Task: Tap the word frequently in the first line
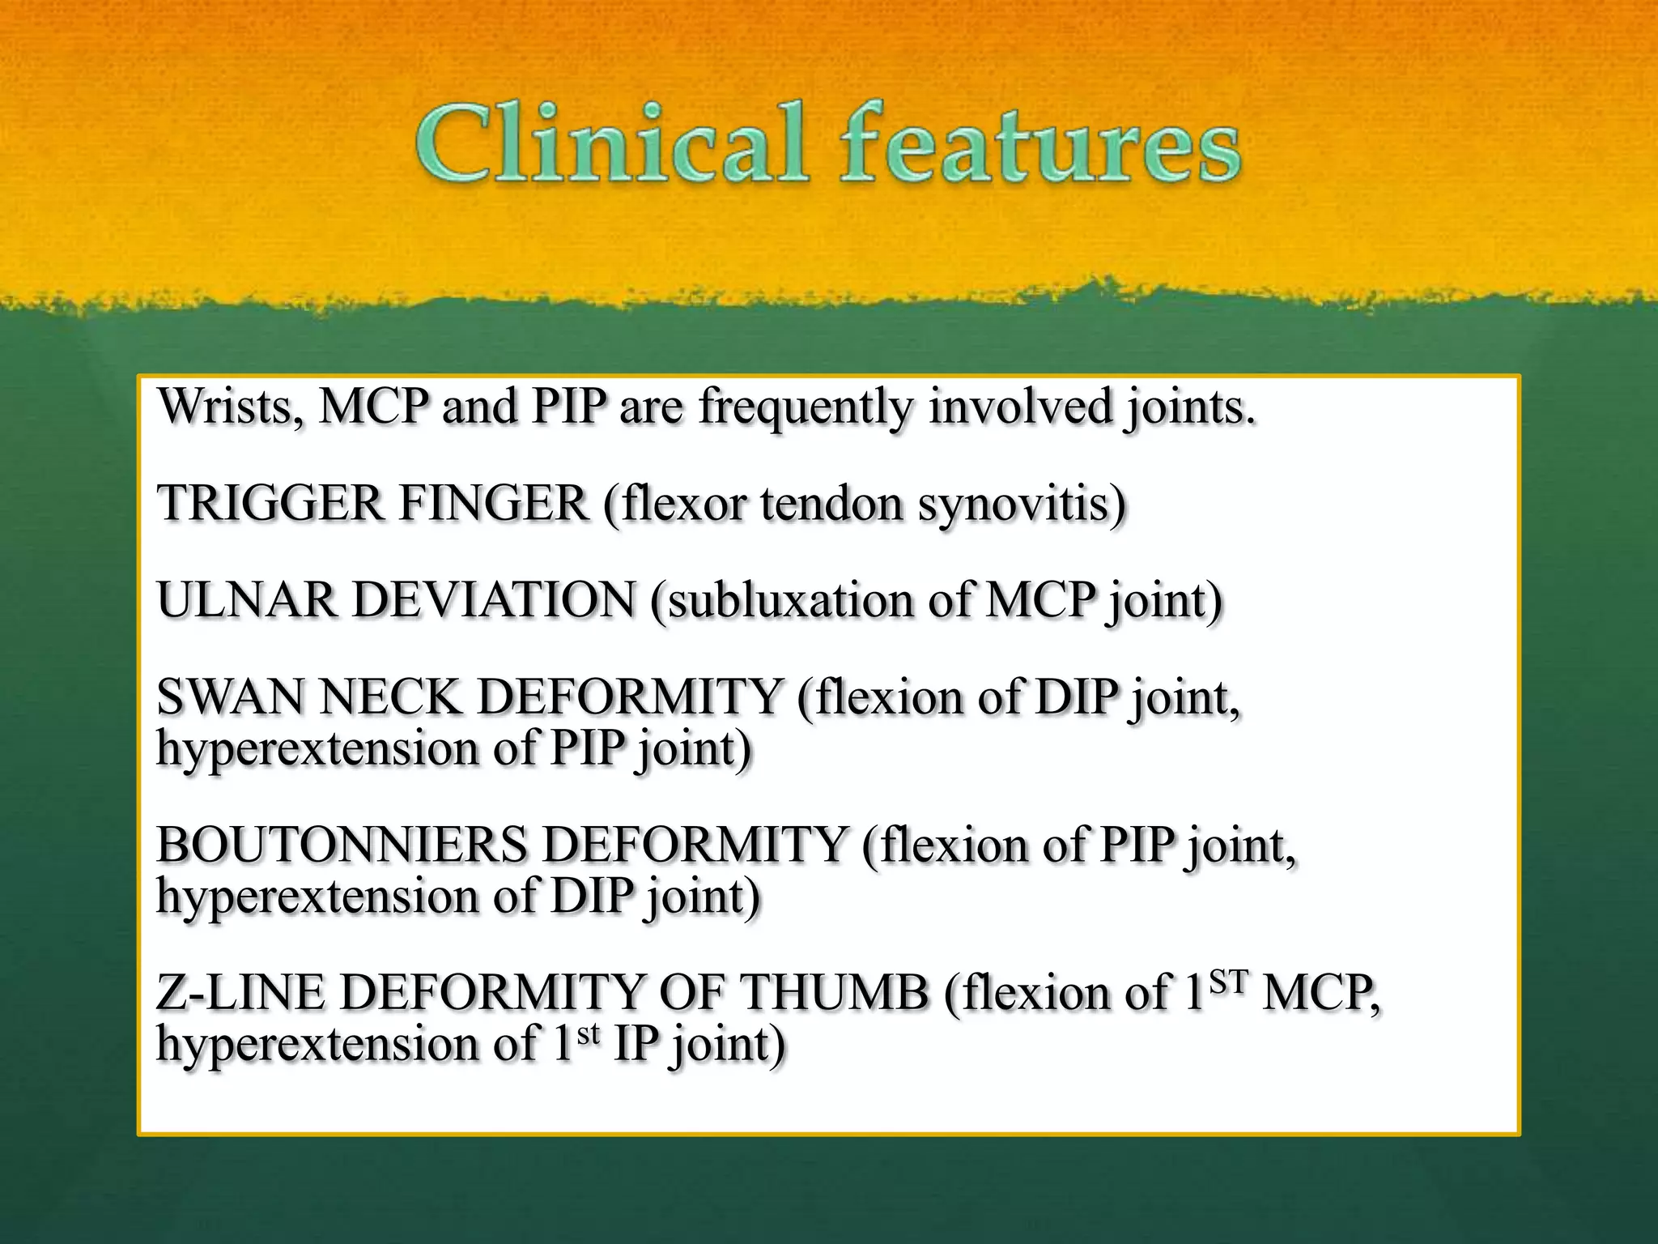point(805,408)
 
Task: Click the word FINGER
point(494,504)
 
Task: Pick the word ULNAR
point(247,601)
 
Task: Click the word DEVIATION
point(495,601)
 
